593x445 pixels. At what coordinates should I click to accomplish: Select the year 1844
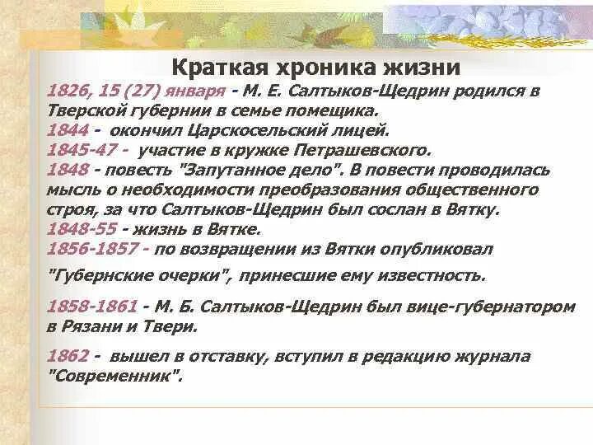coord(66,130)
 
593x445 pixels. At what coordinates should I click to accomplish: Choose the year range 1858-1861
coord(92,307)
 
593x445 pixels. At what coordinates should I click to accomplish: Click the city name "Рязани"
coord(89,326)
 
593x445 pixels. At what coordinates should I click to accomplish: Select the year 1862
coord(66,357)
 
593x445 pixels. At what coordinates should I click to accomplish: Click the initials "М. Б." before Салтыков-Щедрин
coord(174,307)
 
